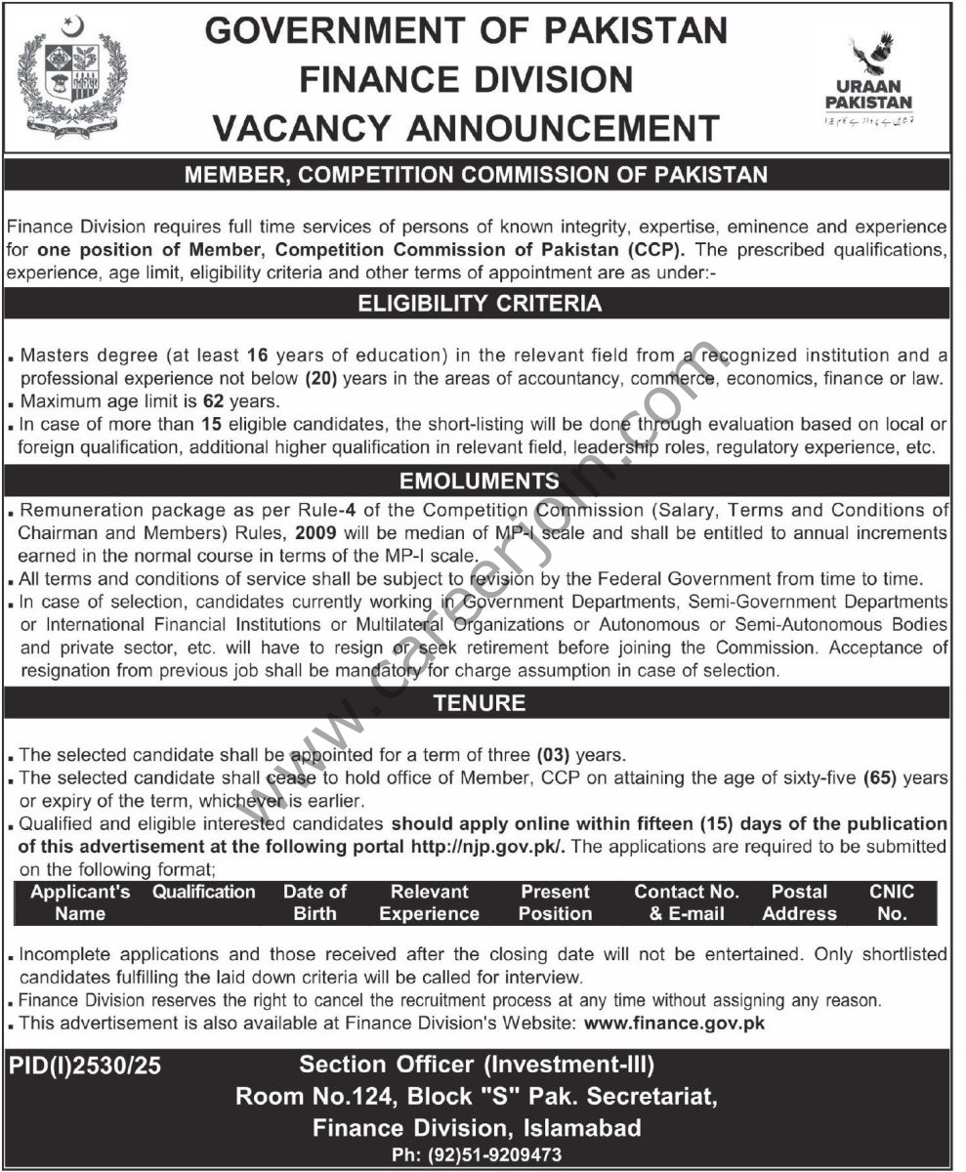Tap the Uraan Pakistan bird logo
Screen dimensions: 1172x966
867,60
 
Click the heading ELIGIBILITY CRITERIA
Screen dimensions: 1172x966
483,304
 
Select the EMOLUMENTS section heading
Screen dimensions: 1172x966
483,481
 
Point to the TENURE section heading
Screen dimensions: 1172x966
483,702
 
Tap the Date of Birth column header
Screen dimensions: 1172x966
315,902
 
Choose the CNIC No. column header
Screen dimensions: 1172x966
891,902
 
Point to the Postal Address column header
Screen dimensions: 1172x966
799,902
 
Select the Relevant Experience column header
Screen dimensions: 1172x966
429,902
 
